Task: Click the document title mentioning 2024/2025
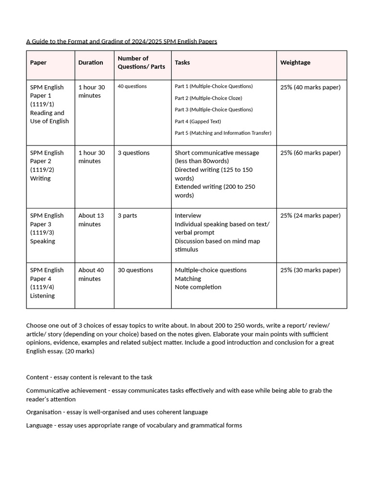point(122,41)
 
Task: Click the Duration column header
point(90,63)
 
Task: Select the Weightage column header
point(295,63)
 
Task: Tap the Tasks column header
point(182,63)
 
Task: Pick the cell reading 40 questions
point(132,87)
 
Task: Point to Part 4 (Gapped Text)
point(197,121)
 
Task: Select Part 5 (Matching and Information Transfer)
point(223,133)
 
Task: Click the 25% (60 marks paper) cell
point(310,153)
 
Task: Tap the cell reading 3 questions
point(134,153)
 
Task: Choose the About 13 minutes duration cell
point(91,220)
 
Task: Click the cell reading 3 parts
point(127,216)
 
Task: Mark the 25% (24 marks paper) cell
point(310,216)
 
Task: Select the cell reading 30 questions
point(135,270)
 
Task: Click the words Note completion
point(198,287)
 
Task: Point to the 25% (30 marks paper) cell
point(310,270)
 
